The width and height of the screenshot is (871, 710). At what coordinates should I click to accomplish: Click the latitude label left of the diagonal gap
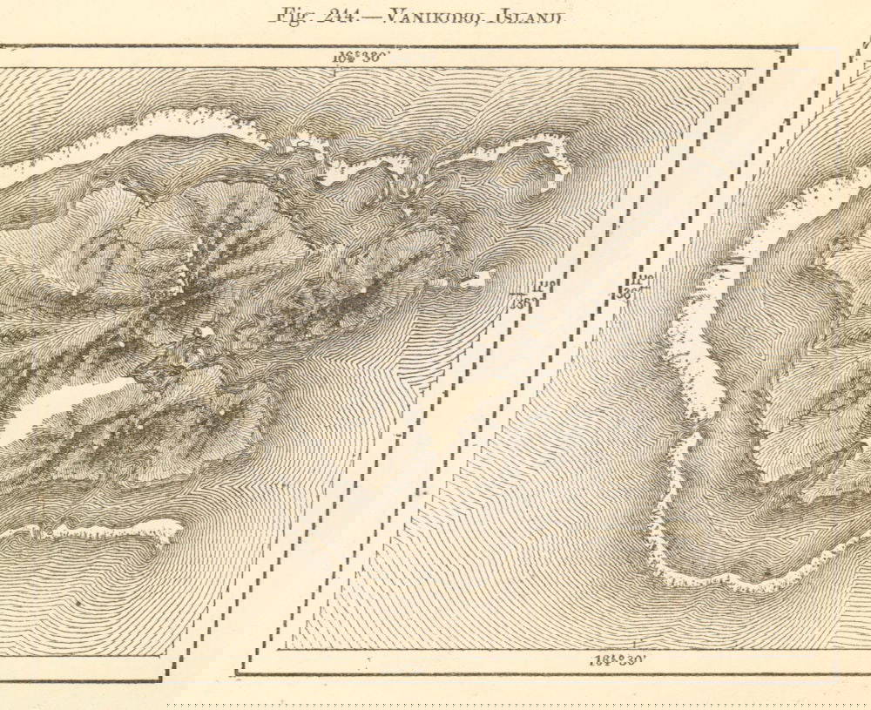[523, 293]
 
